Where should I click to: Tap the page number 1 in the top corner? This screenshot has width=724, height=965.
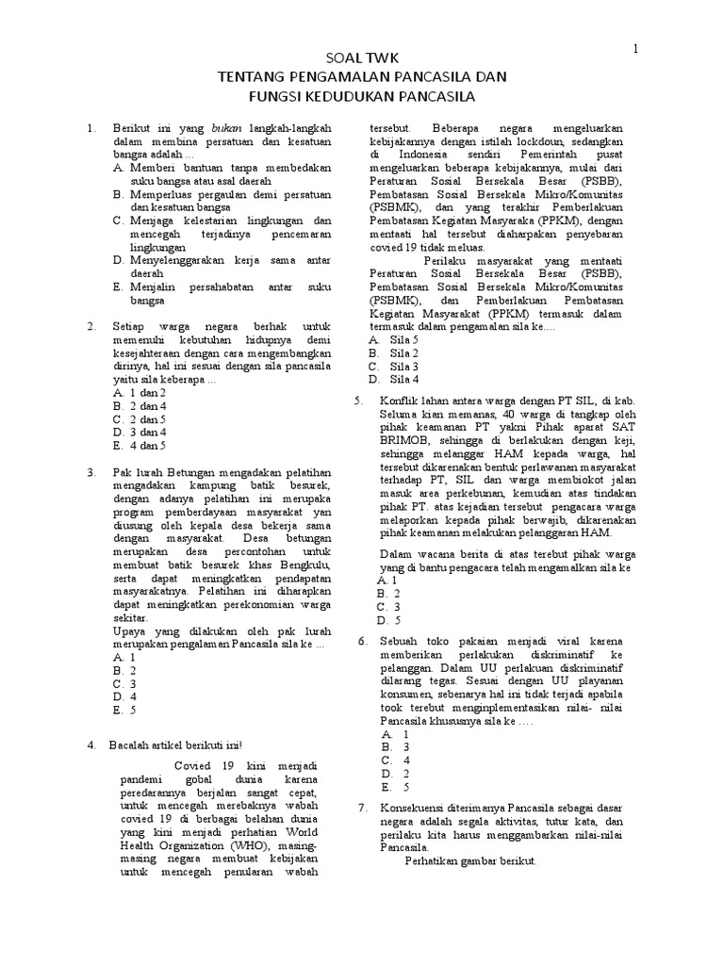tap(635, 48)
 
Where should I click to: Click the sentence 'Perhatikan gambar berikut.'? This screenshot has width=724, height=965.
tap(470, 861)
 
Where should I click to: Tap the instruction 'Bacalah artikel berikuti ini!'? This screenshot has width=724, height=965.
tap(176, 745)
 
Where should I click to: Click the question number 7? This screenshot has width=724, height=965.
tap(364, 809)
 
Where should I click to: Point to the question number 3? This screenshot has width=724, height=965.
tap(91, 472)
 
